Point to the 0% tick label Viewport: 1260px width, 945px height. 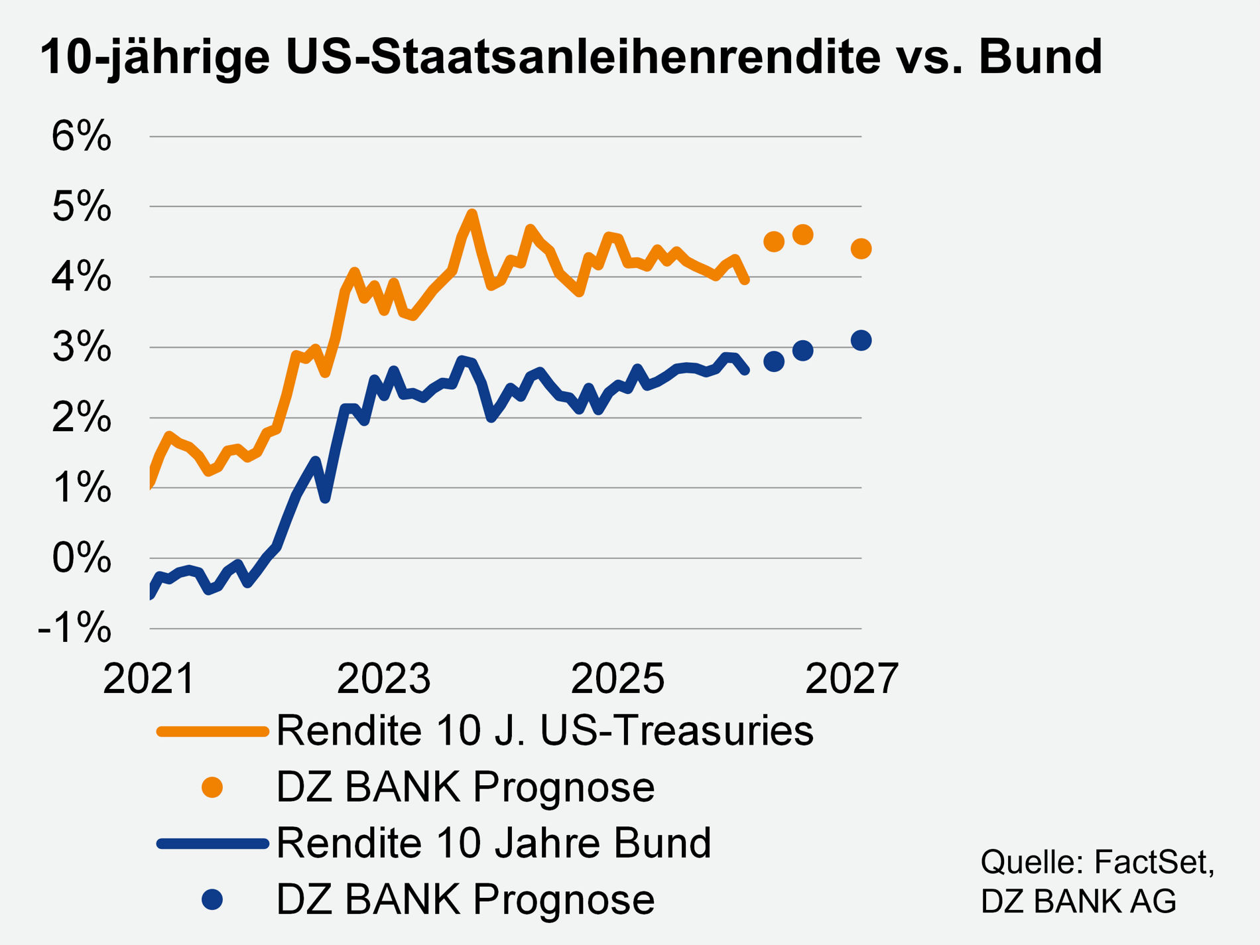point(81,558)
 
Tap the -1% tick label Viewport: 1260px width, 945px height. point(74,628)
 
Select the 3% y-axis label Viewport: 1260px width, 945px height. point(81,347)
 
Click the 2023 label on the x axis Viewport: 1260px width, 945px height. point(383,679)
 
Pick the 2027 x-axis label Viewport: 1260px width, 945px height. point(851,679)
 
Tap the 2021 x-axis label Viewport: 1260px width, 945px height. point(149,679)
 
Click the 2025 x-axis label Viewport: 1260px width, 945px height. point(617,679)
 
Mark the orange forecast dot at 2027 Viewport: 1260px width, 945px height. point(861,249)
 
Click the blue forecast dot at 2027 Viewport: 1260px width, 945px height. point(861,341)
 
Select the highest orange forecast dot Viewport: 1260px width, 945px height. point(802,235)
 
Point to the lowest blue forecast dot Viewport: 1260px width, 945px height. point(774,361)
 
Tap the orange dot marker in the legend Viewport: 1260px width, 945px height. point(212,787)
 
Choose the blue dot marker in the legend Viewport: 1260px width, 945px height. point(212,900)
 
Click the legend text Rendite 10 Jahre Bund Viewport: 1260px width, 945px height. point(493,844)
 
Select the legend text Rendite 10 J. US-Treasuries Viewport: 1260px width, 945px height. point(544,731)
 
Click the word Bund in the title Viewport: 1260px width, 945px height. point(1040,56)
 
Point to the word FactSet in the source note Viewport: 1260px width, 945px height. point(1153,863)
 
